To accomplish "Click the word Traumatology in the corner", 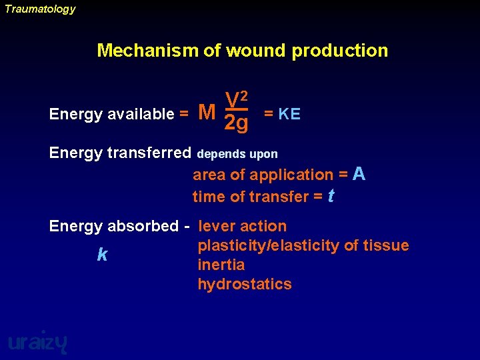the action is (x=40, y=9).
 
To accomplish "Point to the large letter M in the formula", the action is (x=207, y=113).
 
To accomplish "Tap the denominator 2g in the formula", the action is (x=236, y=123).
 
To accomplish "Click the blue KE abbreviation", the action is (x=289, y=114).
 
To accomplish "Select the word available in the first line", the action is (x=142, y=114).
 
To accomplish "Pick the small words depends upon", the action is (x=238, y=154).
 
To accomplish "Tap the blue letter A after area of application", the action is (x=359, y=174).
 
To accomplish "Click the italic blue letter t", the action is (x=331, y=196).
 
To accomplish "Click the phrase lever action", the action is (x=243, y=226).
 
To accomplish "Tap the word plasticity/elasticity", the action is (x=269, y=245).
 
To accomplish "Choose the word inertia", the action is (x=221, y=265).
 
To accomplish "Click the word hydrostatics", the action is (x=245, y=284).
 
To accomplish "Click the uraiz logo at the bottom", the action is (x=37, y=342).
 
